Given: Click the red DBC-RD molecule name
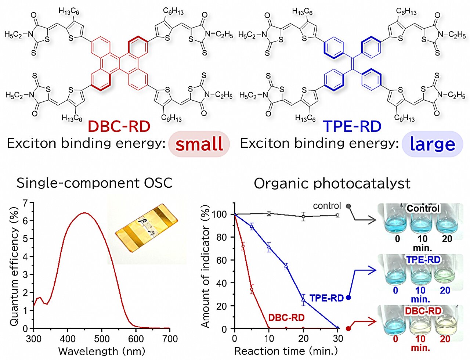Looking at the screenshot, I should [x=119, y=126].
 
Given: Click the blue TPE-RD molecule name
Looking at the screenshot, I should [x=352, y=126].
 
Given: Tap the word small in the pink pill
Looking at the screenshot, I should [x=199, y=144].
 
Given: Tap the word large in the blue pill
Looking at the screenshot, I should [x=432, y=144].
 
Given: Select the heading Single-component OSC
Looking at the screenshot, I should [x=94, y=183].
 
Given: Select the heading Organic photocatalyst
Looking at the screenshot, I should [x=332, y=183].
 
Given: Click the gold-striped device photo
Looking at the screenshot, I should [x=146, y=228].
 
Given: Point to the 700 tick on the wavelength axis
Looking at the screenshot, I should [x=170, y=338].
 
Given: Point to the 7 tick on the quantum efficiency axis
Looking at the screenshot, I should [x=25, y=203].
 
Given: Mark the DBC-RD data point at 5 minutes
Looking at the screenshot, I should [x=252, y=289].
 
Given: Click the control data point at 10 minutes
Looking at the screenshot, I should [x=269, y=213].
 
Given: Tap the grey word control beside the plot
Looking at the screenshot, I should [x=327, y=206].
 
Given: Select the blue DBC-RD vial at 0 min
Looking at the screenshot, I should [x=395, y=323].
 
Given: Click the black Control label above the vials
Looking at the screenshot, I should [x=423, y=208].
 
